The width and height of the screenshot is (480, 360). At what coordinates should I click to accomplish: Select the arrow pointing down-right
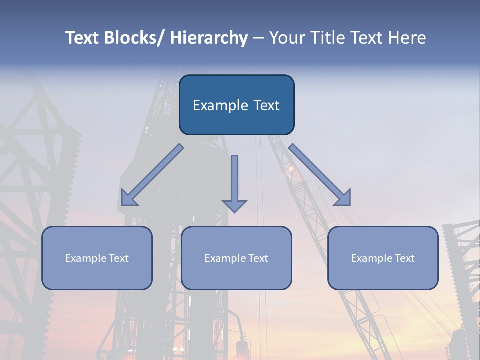click(320, 175)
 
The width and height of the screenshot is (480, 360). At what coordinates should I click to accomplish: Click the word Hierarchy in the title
click(209, 38)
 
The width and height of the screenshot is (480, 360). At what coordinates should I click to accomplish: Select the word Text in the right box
click(404, 258)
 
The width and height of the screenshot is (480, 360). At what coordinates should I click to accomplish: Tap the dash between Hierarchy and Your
click(258, 38)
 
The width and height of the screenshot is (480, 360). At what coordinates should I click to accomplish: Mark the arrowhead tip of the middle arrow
click(234, 212)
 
